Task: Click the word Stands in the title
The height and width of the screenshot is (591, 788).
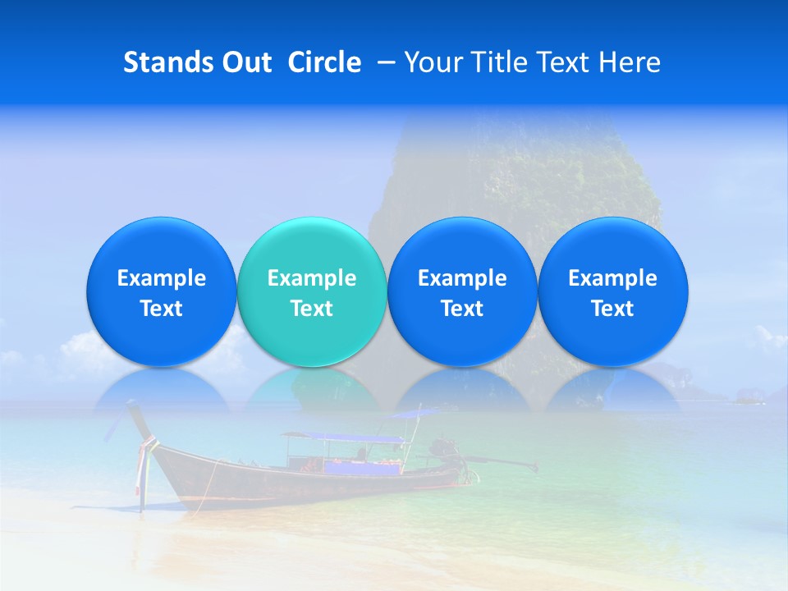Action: (164, 62)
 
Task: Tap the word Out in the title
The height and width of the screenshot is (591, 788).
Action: (244, 62)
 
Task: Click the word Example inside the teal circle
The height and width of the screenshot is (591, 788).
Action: (312, 278)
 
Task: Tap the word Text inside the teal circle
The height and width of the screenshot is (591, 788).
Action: (312, 309)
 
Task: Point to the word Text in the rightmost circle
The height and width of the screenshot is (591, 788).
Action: (613, 309)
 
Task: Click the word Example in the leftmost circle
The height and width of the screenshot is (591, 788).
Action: (162, 278)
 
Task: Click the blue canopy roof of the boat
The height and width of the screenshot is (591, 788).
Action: (345, 438)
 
